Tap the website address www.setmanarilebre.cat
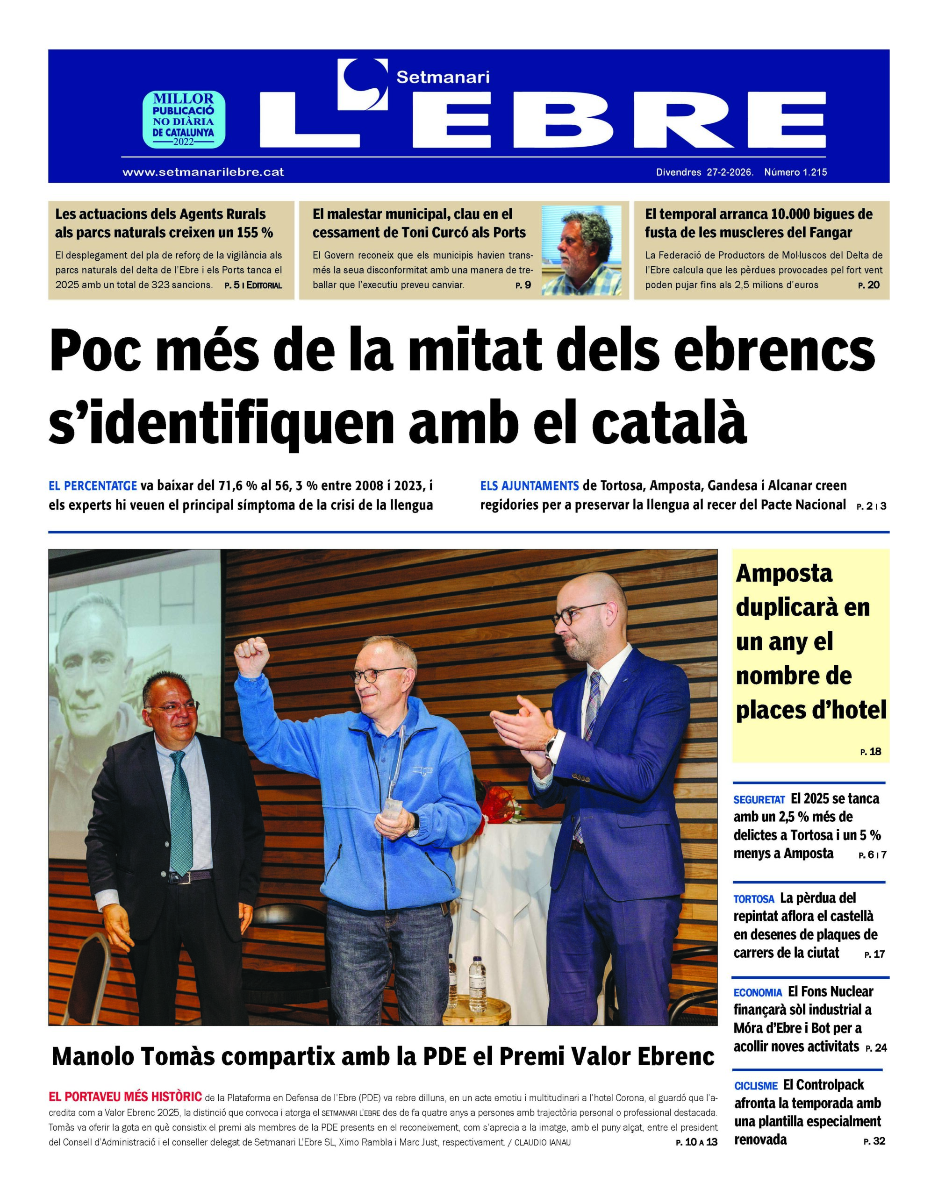tap(203, 172)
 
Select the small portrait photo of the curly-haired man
tap(581, 250)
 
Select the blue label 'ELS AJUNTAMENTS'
tap(530, 486)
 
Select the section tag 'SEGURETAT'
tap(759, 800)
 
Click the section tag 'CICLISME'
tap(756, 1086)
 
